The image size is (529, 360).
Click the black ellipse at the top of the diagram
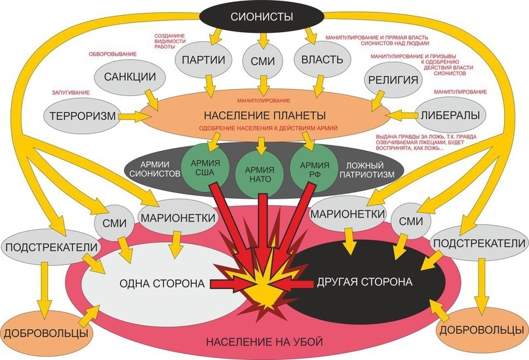[262, 17]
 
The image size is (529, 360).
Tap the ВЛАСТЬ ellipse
[322, 60]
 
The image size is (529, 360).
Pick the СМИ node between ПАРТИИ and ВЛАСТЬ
[262, 60]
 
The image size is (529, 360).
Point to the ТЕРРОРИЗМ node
[82, 116]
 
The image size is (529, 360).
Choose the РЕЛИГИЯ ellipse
[393, 81]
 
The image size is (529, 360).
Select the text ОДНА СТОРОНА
[154, 283]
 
